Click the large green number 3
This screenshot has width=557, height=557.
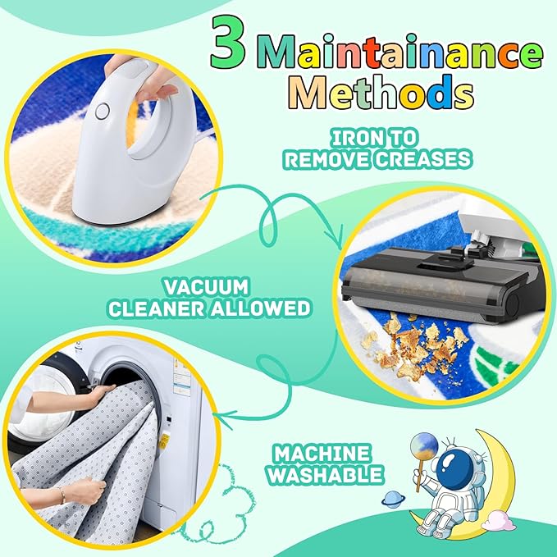(x=228, y=43)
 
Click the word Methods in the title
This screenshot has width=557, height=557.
(x=381, y=92)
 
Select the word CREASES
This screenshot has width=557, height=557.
(x=423, y=159)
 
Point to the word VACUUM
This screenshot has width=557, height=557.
(x=206, y=287)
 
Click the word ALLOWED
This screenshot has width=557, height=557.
(x=261, y=308)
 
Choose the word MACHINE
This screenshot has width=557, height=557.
(x=322, y=454)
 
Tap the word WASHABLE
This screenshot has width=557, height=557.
(x=326, y=475)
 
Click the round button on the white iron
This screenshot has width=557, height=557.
(x=103, y=112)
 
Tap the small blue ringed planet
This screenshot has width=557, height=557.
(x=393, y=500)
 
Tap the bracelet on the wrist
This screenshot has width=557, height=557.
(x=62, y=495)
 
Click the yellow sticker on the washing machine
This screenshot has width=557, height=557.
(x=164, y=441)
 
